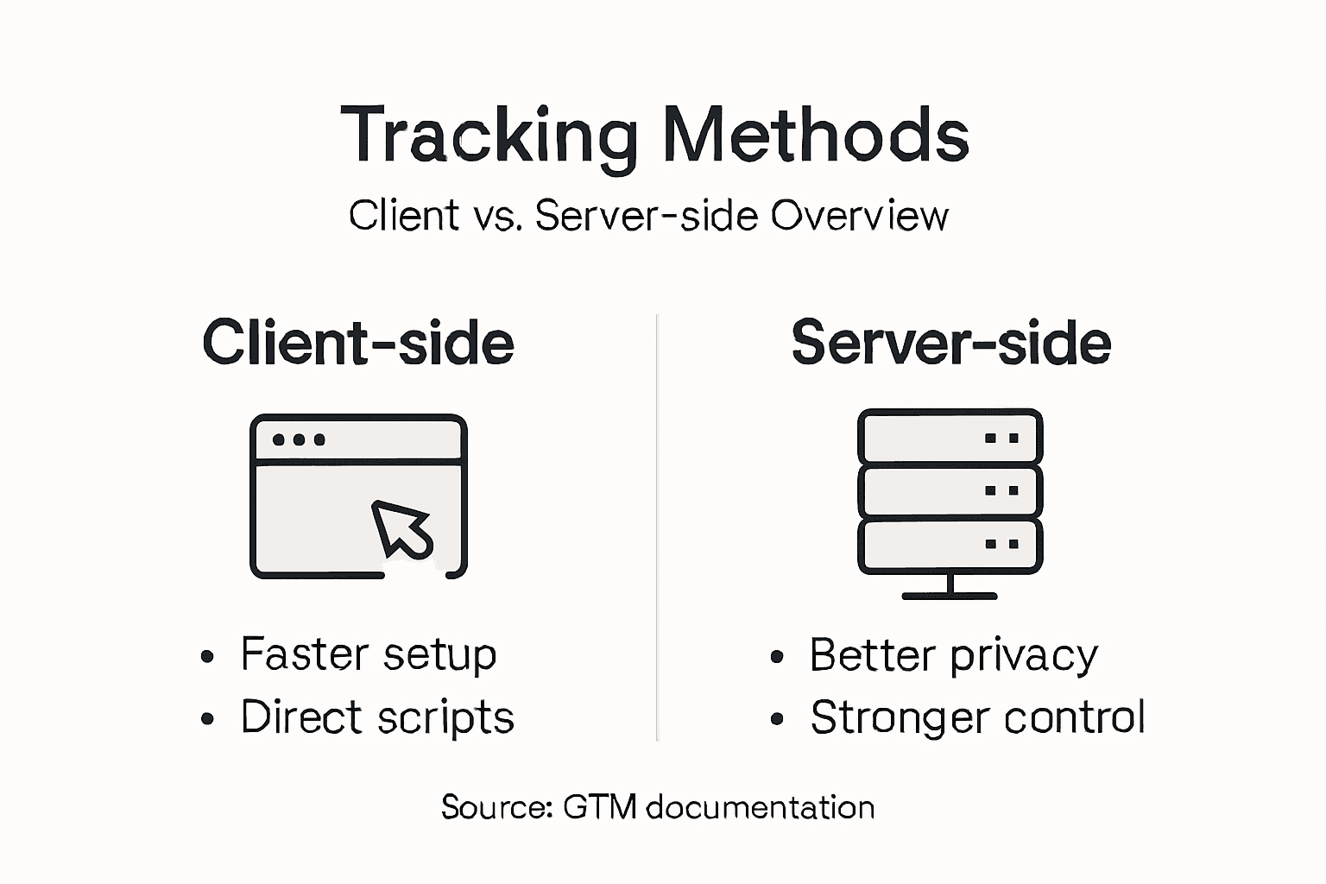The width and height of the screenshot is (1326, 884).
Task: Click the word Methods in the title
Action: (x=816, y=136)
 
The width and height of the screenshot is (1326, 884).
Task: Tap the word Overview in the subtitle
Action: (x=859, y=216)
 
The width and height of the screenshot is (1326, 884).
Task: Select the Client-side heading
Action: (x=358, y=343)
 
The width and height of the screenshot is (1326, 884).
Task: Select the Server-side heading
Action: (x=950, y=343)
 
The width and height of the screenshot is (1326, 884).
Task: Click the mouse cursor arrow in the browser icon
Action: (x=401, y=527)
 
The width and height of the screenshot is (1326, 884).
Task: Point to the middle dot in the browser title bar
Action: (x=299, y=439)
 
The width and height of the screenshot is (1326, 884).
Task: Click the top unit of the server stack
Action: (x=950, y=437)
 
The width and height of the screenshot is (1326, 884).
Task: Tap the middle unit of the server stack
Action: (x=950, y=490)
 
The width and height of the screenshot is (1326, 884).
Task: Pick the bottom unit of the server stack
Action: (x=950, y=545)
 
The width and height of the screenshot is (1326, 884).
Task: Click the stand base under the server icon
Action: (x=950, y=595)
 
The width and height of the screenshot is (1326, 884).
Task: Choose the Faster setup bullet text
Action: (x=369, y=654)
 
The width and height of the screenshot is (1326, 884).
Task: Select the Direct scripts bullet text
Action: (x=377, y=717)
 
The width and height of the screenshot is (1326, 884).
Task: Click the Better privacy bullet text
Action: (x=953, y=656)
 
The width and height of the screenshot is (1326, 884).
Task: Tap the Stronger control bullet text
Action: (x=977, y=717)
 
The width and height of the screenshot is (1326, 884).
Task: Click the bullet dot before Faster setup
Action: (x=207, y=657)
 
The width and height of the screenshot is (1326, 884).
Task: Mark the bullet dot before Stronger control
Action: (x=777, y=718)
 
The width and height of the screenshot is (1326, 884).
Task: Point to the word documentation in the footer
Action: (x=760, y=807)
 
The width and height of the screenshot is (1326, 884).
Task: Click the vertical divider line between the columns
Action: (x=657, y=527)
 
